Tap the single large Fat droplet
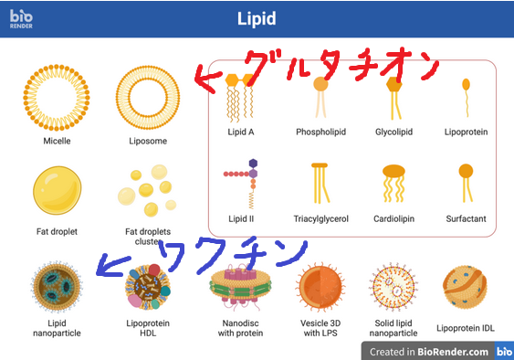[x=57, y=190]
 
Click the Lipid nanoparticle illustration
[x=57, y=286]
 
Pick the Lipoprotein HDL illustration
[x=148, y=287]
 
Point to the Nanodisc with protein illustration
[x=241, y=286]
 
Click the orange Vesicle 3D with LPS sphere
[x=320, y=287]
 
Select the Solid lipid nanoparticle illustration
[x=393, y=287]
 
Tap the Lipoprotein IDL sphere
[x=466, y=288]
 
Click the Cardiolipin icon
[x=393, y=183]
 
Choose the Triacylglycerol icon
[x=320, y=183]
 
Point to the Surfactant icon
[x=467, y=183]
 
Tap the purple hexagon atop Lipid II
[x=253, y=164]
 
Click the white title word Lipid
[x=257, y=18]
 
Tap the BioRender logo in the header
[x=21, y=18]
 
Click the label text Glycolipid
[x=393, y=132]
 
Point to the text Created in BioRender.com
[x=429, y=352]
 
